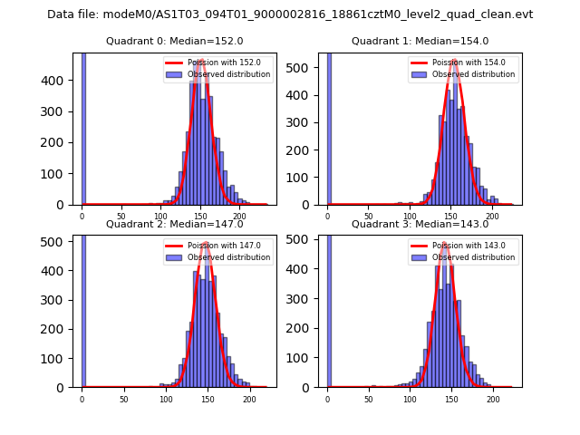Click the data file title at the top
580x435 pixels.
click(290, 14)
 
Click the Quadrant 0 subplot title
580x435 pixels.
click(174, 41)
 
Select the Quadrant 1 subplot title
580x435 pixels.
click(420, 41)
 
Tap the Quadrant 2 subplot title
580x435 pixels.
click(174, 224)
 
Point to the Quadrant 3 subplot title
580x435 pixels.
click(420, 224)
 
